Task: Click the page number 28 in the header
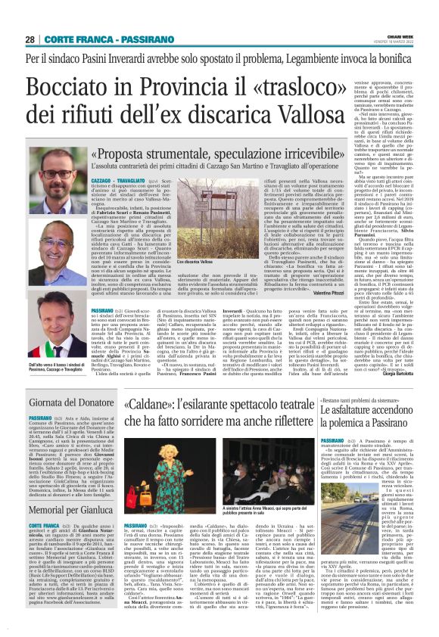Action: [x=30, y=39]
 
